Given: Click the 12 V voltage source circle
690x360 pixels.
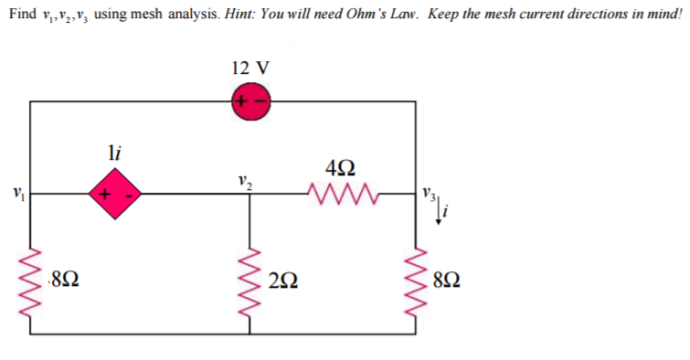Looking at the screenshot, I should [x=250, y=101].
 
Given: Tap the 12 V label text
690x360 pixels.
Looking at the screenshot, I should [x=250, y=69].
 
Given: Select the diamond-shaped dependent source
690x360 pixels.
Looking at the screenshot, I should [x=114, y=194].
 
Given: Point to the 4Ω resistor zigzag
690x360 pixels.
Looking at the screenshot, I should [x=339, y=193].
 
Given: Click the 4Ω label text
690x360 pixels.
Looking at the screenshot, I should [x=340, y=167].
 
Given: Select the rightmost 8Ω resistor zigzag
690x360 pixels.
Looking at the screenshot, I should [x=429, y=277].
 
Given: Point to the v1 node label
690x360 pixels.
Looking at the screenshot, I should [x=13, y=194].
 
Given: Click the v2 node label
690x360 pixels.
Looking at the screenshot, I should [x=242, y=178].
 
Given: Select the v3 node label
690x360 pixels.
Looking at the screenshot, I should [x=430, y=193].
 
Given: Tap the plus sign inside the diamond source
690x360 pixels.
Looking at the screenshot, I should [x=105, y=194].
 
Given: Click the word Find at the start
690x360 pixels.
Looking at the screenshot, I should [x=25, y=13].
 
